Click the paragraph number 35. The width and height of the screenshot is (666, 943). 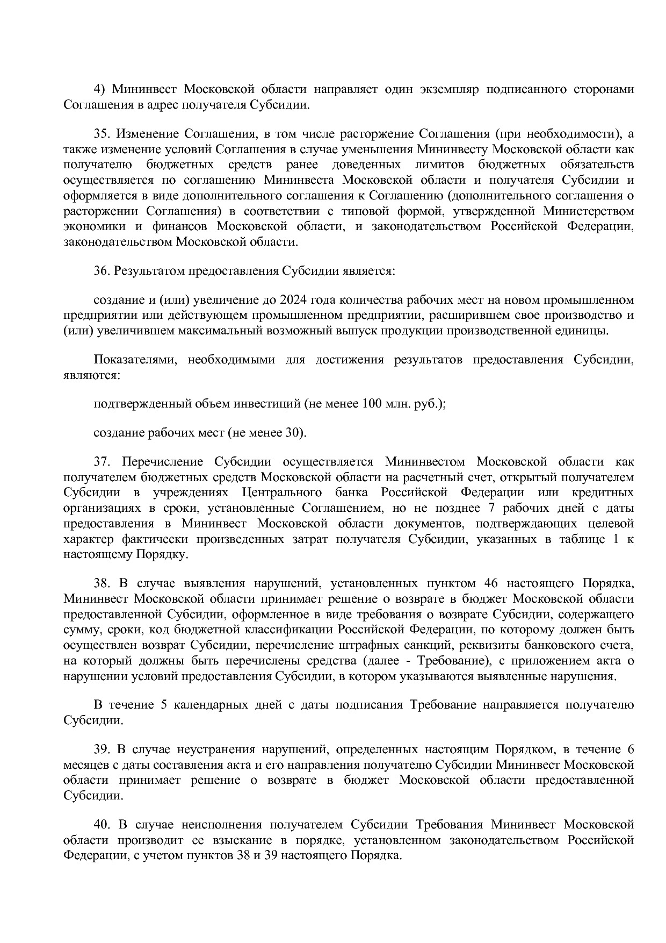[102, 133]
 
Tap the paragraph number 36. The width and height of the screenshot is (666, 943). [102, 270]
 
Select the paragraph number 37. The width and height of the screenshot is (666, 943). [102, 461]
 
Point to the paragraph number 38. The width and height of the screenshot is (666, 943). [102, 583]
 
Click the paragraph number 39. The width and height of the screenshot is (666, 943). [102, 749]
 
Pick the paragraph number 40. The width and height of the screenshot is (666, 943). [102, 825]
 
